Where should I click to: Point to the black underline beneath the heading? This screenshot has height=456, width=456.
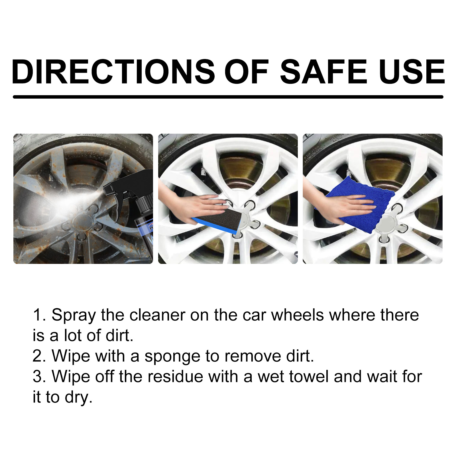pyautogui.click(x=228, y=97)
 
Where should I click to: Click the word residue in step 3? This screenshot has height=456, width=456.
pyautogui.click(x=175, y=377)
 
